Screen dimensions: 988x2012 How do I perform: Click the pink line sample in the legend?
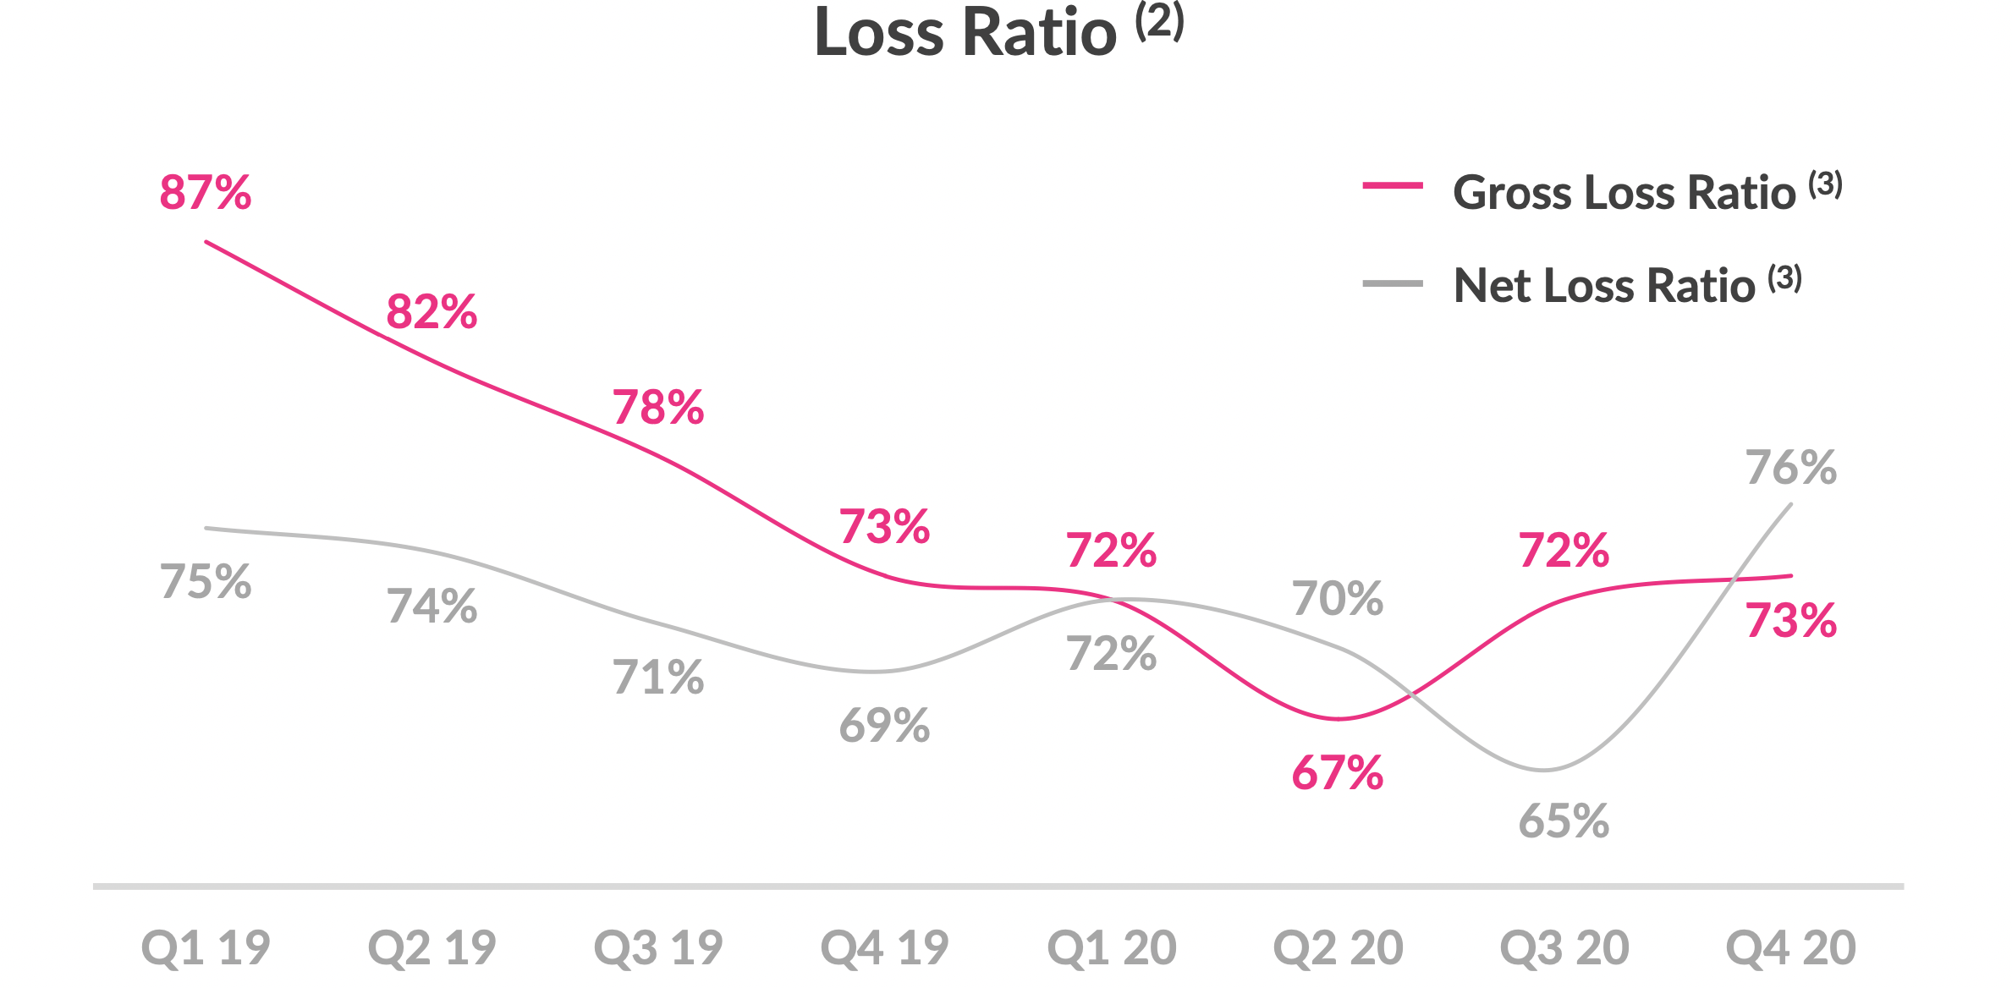click(1392, 185)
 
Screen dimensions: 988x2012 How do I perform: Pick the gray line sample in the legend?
click(1392, 284)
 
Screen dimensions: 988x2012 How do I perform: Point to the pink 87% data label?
click(206, 193)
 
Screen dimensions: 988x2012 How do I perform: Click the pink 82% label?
click(432, 312)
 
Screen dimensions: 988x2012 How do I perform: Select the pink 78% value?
click(658, 408)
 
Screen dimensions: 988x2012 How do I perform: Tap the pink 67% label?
click(1338, 773)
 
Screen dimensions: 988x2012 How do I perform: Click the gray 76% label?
click(1791, 468)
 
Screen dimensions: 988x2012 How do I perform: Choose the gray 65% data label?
click(1564, 821)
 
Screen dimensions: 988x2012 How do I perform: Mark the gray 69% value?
click(884, 726)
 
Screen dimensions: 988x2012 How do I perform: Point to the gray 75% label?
click(206, 582)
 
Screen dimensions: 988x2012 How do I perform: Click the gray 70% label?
click(1338, 599)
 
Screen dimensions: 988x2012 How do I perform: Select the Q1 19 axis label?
click(206, 947)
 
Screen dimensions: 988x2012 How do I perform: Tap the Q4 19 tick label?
click(884, 947)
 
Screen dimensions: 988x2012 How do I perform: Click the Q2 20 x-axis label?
click(1338, 947)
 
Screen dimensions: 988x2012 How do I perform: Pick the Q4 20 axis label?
click(1790, 947)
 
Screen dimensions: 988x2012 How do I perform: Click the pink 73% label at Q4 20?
click(1791, 621)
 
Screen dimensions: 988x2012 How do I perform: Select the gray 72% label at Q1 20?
click(1111, 654)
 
